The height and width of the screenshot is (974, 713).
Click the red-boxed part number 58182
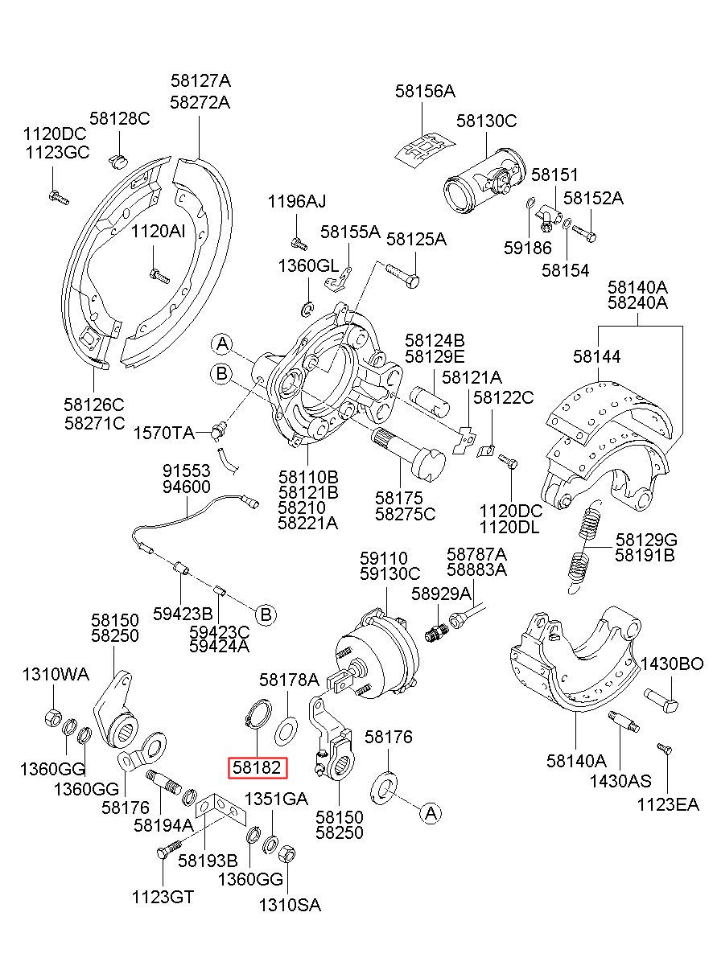coord(258,768)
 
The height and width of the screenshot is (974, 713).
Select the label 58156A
coord(425,92)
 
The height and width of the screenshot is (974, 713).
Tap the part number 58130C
coord(486,121)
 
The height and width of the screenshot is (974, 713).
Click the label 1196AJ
coord(297,201)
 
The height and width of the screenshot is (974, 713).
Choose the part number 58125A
coord(416,239)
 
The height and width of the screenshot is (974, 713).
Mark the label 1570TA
coord(164,433)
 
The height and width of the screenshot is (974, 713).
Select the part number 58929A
coord(441,593)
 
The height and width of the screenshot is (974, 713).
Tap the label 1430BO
coord(672,664)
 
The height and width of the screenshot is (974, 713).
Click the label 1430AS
coord(620,780)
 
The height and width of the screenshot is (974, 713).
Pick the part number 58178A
coord(289,680)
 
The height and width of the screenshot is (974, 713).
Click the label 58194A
coord(163,825)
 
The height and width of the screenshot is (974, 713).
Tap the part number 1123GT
coord(163,898)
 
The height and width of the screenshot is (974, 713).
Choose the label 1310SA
coord(290,905)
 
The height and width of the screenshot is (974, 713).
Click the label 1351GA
coord(276,799)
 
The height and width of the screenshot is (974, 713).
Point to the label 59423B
coord(183,614)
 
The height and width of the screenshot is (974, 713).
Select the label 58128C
coord(120,118)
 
